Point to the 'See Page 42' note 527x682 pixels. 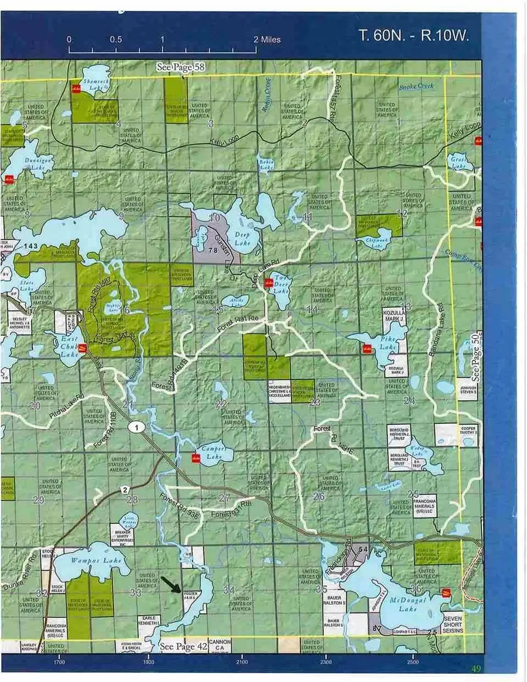point(184,647)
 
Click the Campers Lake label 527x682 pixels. point(214,450)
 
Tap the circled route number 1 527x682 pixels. point(138,427)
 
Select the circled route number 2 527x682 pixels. point(125,489)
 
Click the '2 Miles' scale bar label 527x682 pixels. point(266,40)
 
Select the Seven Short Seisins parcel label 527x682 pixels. point(453,622)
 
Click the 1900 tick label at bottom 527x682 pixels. point(149,661)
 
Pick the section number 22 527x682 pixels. point(221,404)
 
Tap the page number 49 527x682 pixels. point(475,669)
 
